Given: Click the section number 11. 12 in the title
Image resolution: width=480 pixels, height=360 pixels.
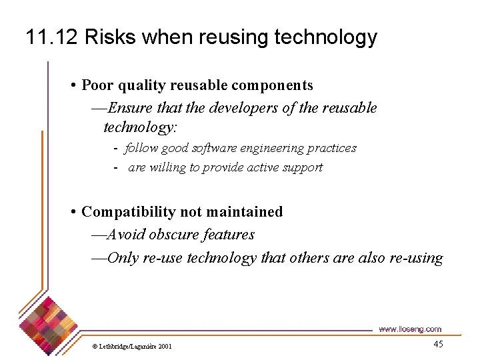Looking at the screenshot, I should (x=53, y=37).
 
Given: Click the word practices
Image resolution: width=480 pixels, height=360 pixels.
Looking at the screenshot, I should (x=332, y=148).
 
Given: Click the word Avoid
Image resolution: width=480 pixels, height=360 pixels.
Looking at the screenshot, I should (x=127, y=235).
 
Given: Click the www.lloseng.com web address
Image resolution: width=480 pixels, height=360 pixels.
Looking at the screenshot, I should (x=409, y=329).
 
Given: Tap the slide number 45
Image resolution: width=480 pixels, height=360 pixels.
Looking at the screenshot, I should (x=438, y=344).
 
